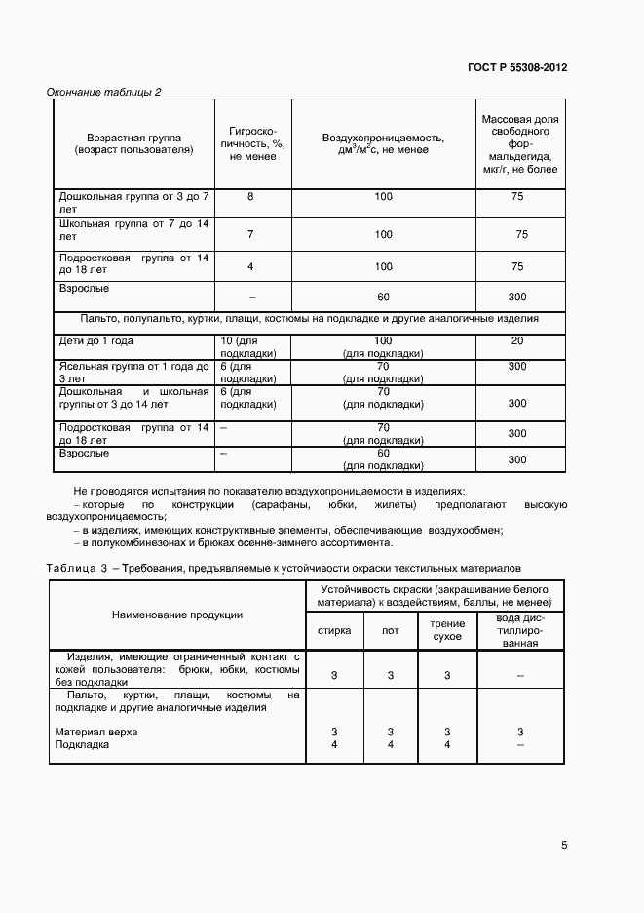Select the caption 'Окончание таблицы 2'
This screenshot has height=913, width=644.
104,93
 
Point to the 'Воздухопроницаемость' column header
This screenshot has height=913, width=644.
383,143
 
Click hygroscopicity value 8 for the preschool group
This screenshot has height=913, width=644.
250,197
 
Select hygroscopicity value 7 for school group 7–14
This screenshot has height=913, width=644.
250,234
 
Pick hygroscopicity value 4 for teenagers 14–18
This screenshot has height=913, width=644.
250,266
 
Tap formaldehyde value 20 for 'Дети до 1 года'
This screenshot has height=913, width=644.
517,340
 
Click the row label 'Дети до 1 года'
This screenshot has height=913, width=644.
96,340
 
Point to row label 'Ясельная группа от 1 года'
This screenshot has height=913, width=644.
133,367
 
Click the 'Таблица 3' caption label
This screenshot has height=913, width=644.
75,567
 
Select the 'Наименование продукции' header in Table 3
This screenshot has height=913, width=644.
177,615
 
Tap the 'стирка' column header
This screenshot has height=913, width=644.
334,630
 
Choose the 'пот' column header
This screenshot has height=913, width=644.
390,630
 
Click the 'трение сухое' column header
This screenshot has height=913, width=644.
446,630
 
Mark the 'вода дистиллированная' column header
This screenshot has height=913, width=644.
519,630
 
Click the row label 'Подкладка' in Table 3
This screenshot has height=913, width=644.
82,744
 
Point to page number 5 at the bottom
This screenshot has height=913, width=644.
564,845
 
